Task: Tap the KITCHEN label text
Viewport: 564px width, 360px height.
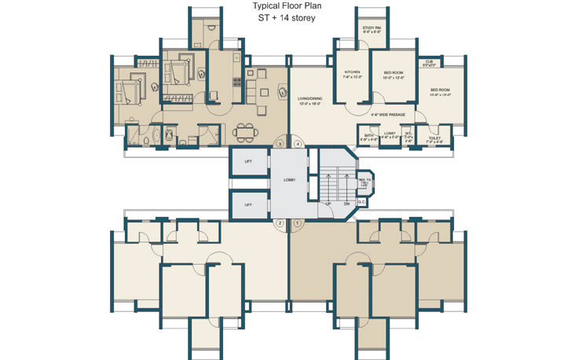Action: tap(351, 73)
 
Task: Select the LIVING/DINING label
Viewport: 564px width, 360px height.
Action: tap(309, 99)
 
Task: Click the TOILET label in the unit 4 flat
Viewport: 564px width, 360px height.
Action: tap(434, 137)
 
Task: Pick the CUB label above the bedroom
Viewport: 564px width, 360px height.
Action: tap(429, 62)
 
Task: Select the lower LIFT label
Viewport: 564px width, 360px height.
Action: tap(247, 204)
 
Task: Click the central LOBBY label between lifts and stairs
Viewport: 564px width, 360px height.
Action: tap(289, 181)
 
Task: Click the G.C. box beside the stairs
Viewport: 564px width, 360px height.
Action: tap(361, 203)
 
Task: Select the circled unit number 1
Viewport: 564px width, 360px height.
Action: tap(298, 223)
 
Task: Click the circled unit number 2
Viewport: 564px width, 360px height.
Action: tap(279, 223)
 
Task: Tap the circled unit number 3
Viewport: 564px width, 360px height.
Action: tap(279, 144)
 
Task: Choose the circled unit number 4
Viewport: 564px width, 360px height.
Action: tap(298, 144)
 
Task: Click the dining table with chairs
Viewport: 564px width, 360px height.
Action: tap(246, 131)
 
